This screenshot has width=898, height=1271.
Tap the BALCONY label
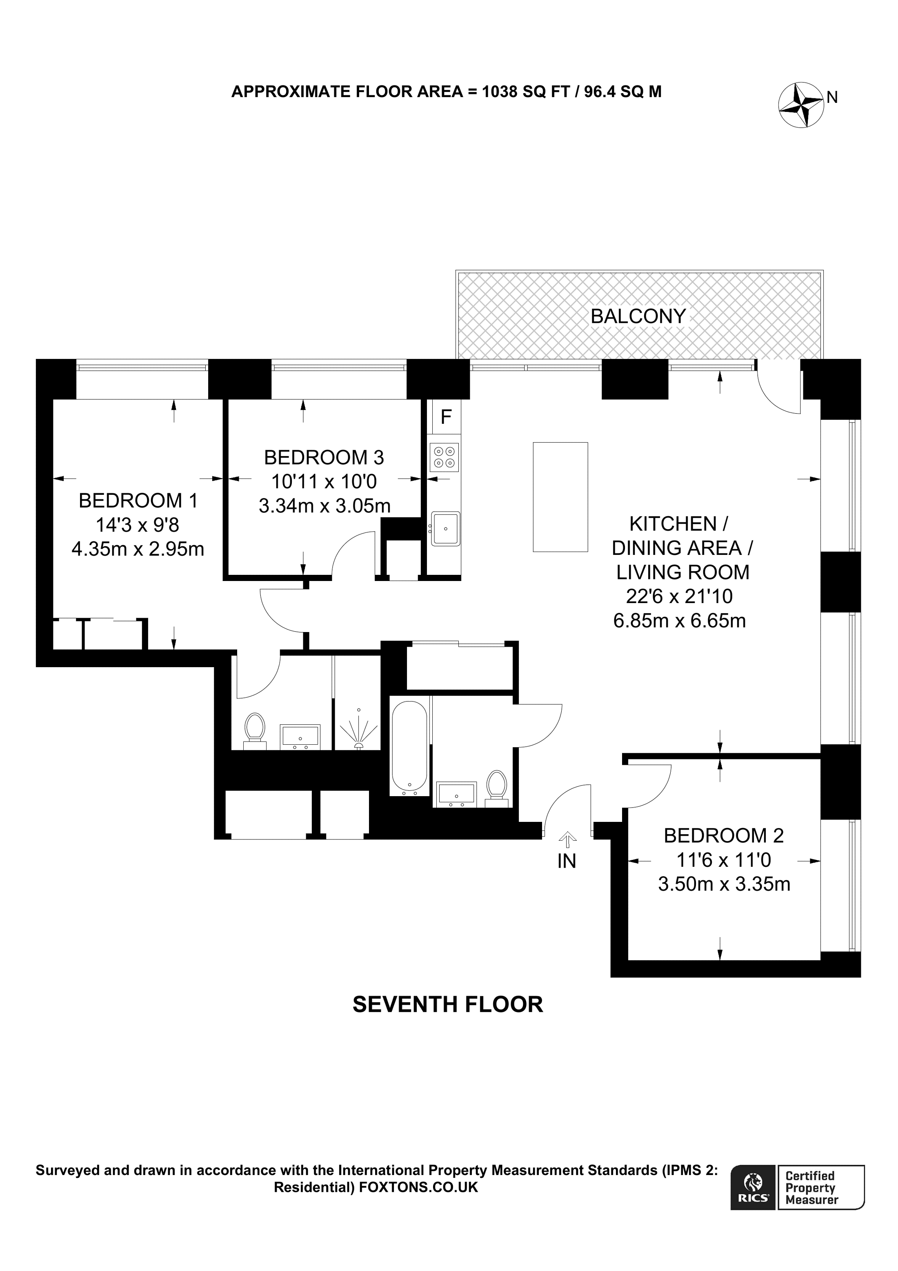coord(638,316)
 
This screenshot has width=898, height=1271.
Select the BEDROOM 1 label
coord(138,501)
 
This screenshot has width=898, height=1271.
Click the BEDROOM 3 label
coord(324,457)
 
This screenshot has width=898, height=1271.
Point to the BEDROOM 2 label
coord(724,835)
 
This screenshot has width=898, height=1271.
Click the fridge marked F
coord(446,416)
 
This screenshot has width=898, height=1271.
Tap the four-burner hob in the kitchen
coord(444,457)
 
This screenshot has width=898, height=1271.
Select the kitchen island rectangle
coord(560,496)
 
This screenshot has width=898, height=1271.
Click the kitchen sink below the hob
coord(445,528)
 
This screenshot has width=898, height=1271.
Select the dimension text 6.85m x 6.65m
coord(680,621)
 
